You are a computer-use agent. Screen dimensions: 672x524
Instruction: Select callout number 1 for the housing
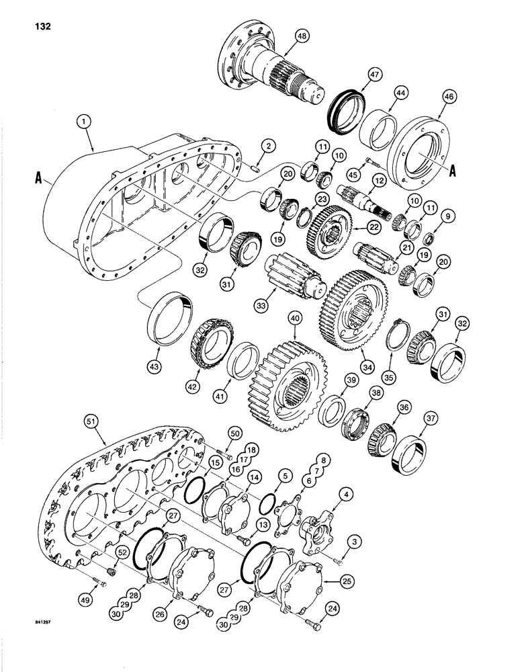tap(83, 123)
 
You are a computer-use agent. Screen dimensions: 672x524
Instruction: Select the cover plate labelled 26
tap(188, 578)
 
